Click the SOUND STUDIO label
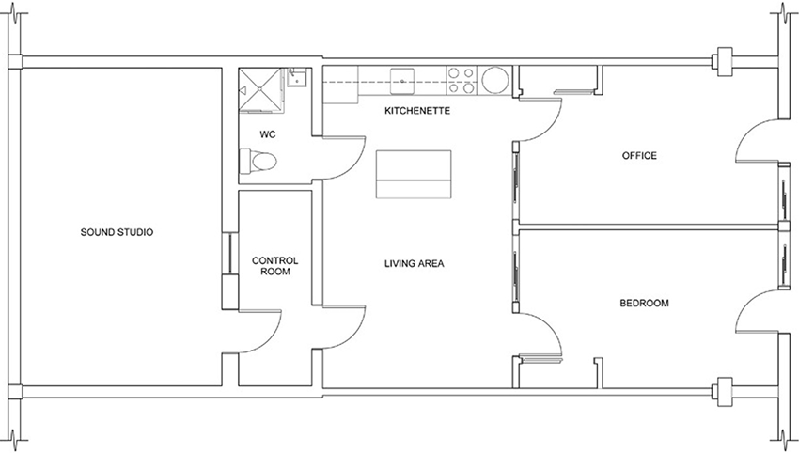click(x=117, y=232)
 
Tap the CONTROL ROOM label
click(x=275, y=266)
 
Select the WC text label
click(x=268, y=134)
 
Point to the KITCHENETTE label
click(x=417, y=111)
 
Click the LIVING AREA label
click(x=415, y=263)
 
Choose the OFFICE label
click(x=639, y=155)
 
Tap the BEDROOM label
click(x=644, y=304)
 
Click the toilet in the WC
click(x=258, y=162)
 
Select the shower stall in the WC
click(x=261, y=89)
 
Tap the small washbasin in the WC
click(x=296, y=78)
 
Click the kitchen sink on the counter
click(x=402, y=81)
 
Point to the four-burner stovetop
click(x=462, y=81)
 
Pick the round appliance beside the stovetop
click(x=494, y=81)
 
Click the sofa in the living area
click(x=414, y=174)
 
